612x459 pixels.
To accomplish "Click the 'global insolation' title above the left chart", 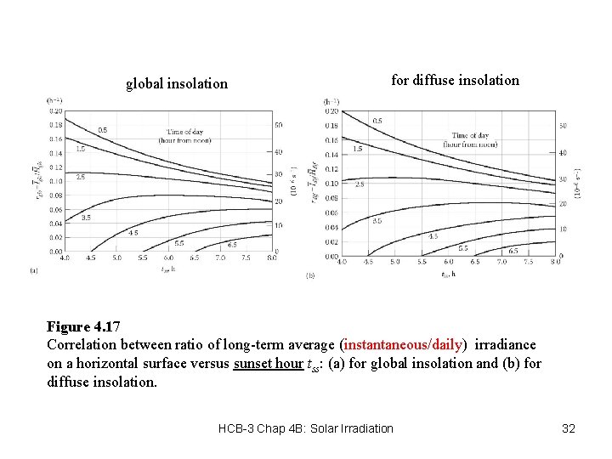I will tap(177, 83).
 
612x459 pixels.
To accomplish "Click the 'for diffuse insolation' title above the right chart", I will tap(455, 80).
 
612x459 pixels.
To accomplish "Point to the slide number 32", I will tap(569, 428).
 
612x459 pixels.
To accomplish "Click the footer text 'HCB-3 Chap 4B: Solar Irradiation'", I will tap(306, 428).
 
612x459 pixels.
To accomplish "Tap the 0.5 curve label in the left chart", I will tap(103, 130).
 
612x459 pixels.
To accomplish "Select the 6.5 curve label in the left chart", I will tap(231, 244).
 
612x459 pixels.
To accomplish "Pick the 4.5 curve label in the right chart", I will tap(433, 236).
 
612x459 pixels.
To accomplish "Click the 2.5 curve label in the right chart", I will tap(360, 184).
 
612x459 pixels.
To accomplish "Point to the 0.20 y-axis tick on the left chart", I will tap(55, 110).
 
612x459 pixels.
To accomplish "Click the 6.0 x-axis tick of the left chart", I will tap(168, 258).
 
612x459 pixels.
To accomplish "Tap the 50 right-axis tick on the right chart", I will tap(562, 127).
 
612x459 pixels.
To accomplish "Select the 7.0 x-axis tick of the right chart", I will tap(502, 263).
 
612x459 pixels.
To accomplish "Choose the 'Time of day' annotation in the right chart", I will tap(471, 135).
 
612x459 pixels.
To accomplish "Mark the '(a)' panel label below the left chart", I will tap(34, 270).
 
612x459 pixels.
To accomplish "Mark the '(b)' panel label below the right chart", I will tap(310, 275).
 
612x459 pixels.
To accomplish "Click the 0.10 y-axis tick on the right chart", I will tap(332, 184).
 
